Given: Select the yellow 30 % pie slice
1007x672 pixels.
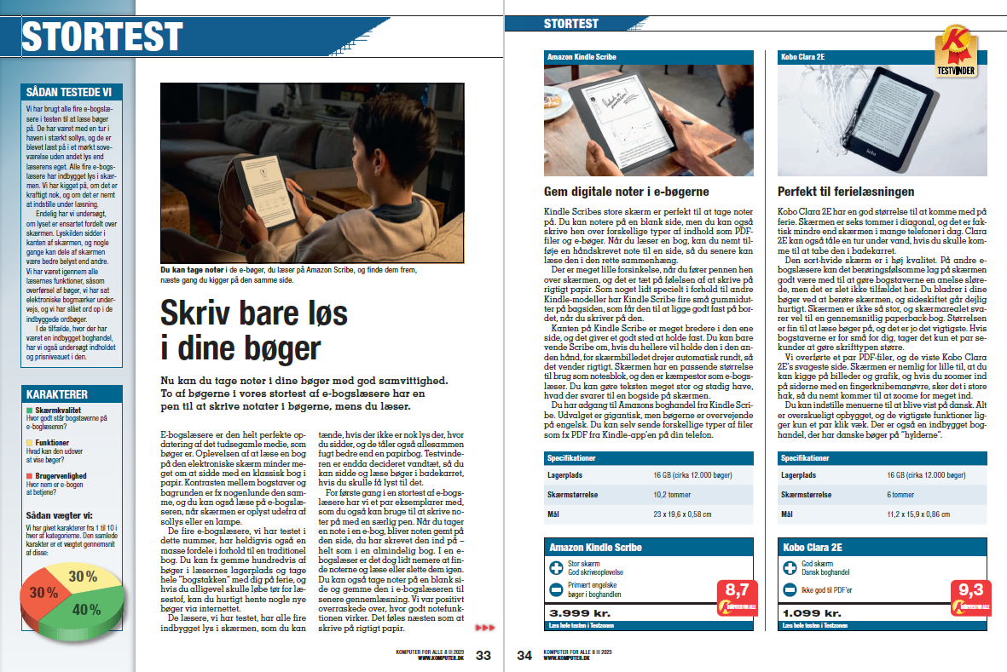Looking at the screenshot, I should (83, 577).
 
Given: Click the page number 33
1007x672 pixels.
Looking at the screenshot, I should (483, 655).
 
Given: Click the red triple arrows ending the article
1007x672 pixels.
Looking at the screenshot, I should (484, 628).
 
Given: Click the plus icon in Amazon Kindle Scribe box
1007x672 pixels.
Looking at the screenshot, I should (556, 566).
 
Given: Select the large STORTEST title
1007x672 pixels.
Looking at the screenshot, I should (102, 36).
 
